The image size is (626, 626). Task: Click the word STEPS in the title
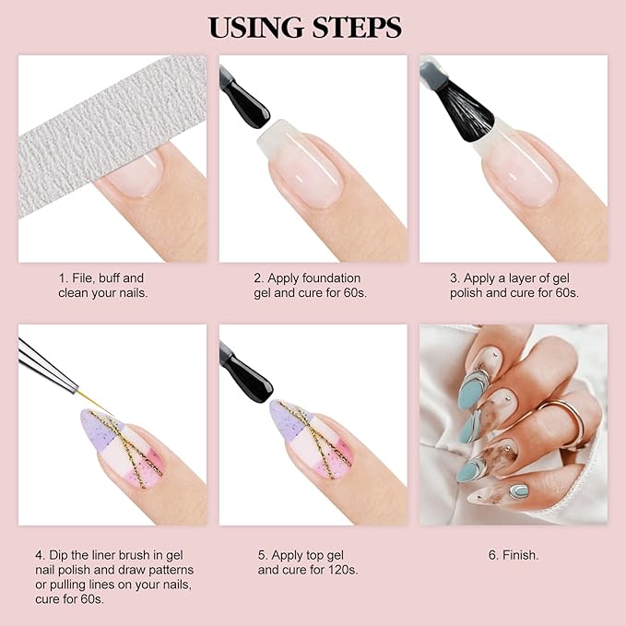coord(356,27)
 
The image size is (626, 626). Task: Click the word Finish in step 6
coord(520,555)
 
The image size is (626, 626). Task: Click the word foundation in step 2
coord(330,278)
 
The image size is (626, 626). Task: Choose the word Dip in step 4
coord(60,555)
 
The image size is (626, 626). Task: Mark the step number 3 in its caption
coord(455,278)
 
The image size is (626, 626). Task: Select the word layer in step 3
coord(523,278)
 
